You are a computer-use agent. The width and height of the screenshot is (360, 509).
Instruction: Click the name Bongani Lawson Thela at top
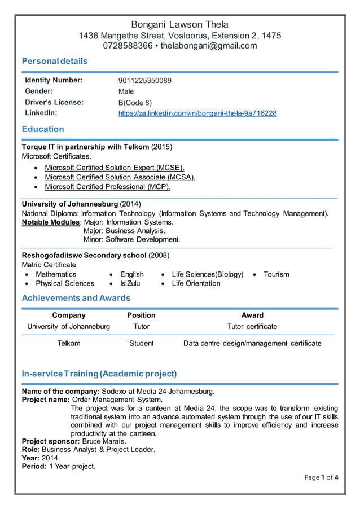179,24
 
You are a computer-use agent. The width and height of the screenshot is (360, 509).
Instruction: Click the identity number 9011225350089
144,81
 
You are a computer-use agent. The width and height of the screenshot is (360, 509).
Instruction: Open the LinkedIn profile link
197,113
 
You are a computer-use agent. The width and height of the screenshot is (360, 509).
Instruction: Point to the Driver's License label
54,102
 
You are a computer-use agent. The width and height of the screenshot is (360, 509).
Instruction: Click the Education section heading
43,129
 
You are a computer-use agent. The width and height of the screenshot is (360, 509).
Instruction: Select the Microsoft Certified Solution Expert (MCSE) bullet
115,168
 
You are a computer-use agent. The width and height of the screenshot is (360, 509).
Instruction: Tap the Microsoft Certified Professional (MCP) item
107,187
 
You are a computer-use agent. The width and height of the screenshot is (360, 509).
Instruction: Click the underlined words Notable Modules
47,222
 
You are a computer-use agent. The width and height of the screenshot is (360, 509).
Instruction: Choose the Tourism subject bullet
276,274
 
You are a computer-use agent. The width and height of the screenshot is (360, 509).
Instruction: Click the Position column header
141,315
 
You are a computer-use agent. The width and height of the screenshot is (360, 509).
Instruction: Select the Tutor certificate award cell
252,326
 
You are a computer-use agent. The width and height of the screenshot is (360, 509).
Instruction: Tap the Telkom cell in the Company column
69,343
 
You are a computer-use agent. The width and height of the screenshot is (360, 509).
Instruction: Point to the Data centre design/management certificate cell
252,343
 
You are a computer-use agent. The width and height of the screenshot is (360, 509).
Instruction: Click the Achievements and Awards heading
76,298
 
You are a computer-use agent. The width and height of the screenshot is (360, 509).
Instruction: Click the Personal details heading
54,61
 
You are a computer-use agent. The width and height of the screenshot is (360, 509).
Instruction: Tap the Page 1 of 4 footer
320,477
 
